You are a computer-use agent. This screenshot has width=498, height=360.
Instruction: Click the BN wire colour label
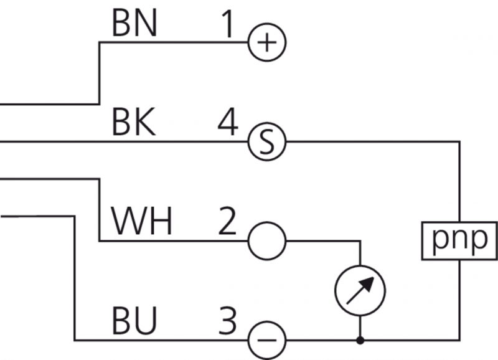pos(134,24)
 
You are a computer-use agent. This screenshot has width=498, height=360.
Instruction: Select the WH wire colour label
pos(141,222)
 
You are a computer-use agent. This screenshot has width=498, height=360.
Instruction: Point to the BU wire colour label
pos(134,322)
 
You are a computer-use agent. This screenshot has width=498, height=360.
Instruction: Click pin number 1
pos(230,24)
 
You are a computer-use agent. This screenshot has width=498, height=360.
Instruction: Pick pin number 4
pos(228,124)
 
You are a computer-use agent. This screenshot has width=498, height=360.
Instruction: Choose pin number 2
pos(227,222)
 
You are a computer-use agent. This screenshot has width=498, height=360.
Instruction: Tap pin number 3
pos(228,322)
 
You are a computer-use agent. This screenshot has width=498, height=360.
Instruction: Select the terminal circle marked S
pos(266,143)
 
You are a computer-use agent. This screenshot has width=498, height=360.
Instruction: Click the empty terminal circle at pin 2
pos(266,241)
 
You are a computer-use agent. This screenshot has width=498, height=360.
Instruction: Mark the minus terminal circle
pos(266,341)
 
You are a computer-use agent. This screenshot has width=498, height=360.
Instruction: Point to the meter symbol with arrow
pos(360,291)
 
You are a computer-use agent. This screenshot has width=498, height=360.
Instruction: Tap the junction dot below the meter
pos(360,341)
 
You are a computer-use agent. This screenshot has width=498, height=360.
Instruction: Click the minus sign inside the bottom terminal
pos(266,341)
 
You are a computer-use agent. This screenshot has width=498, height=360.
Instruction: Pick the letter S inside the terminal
pos(266,143)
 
